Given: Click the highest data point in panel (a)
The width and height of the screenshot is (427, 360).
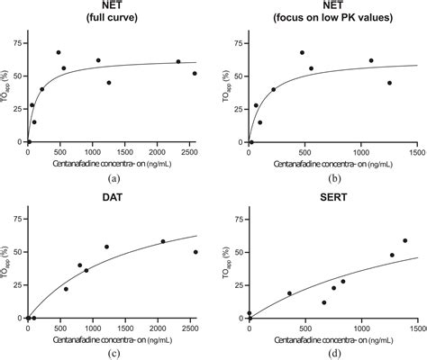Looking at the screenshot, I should click(x=59, y=53).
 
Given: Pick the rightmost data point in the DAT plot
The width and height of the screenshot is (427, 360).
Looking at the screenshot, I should click(x=195, y=252).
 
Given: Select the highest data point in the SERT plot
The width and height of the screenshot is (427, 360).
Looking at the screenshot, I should click(x=404, y=240).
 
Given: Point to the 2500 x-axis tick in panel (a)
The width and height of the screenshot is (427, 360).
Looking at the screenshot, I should click(x=190, y=150).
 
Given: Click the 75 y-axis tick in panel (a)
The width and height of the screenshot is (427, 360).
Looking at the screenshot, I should click(x=20, y=41).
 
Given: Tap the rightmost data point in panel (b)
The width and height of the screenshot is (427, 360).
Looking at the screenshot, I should click(x=389, y=83).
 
